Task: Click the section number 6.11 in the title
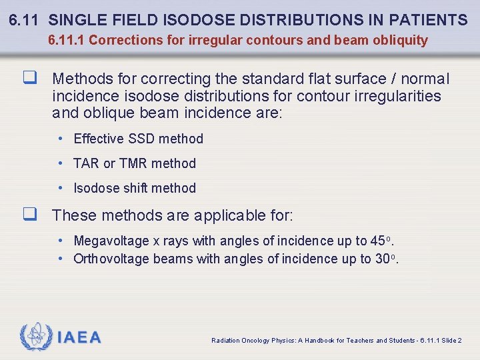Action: coord(25,19)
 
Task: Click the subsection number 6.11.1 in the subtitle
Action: coord(66,40)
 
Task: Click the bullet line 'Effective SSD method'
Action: coord(138,139)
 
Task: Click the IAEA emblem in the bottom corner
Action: coord(36,337)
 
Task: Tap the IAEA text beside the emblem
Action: coord(79,337)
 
